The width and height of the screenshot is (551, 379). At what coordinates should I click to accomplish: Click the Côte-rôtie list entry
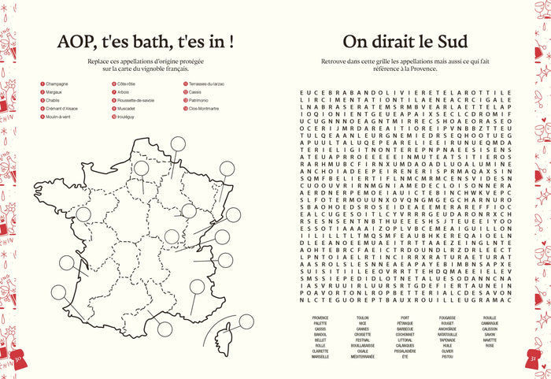[128, 84]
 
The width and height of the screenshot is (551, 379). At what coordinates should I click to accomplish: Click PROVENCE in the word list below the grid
[320, 318]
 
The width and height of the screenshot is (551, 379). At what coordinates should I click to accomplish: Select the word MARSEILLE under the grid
[320, 356]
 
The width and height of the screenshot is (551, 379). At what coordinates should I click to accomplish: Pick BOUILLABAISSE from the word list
[363, 345]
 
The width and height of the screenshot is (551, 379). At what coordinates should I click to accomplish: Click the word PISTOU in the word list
[447, 356]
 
